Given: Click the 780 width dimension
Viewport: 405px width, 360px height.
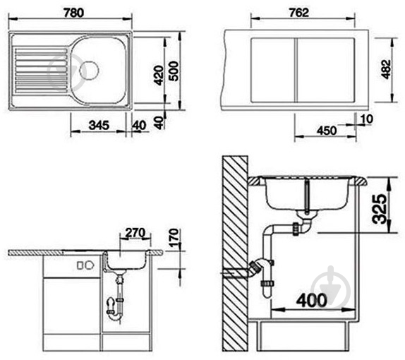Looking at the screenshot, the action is click(x=74, y=13).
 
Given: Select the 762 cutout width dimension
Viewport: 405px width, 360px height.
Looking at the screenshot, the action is click(x=299, y=13).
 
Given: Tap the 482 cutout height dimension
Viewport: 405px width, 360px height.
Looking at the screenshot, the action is click(x=386, y=69).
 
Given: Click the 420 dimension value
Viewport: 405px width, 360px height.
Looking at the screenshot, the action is click(x=159, y=76).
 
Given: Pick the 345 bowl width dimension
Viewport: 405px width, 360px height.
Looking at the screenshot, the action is click(x=99, y=126).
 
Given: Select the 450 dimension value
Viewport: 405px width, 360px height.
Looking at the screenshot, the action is click(x=327, y=131).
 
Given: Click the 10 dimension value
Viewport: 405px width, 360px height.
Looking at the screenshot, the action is click(x=366, y=119).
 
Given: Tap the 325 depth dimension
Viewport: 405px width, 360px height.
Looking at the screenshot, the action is click(x=379, y=209).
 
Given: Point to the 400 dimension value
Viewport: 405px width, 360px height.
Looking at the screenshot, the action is click(x=312, y=301).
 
